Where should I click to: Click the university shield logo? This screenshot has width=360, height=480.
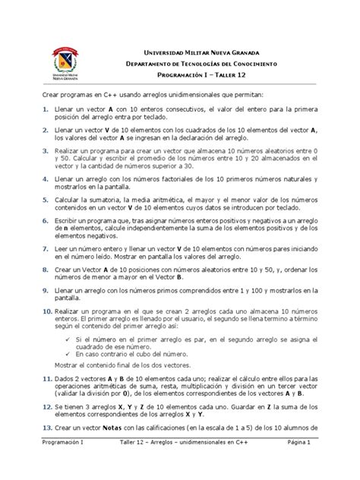click(69, 62)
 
